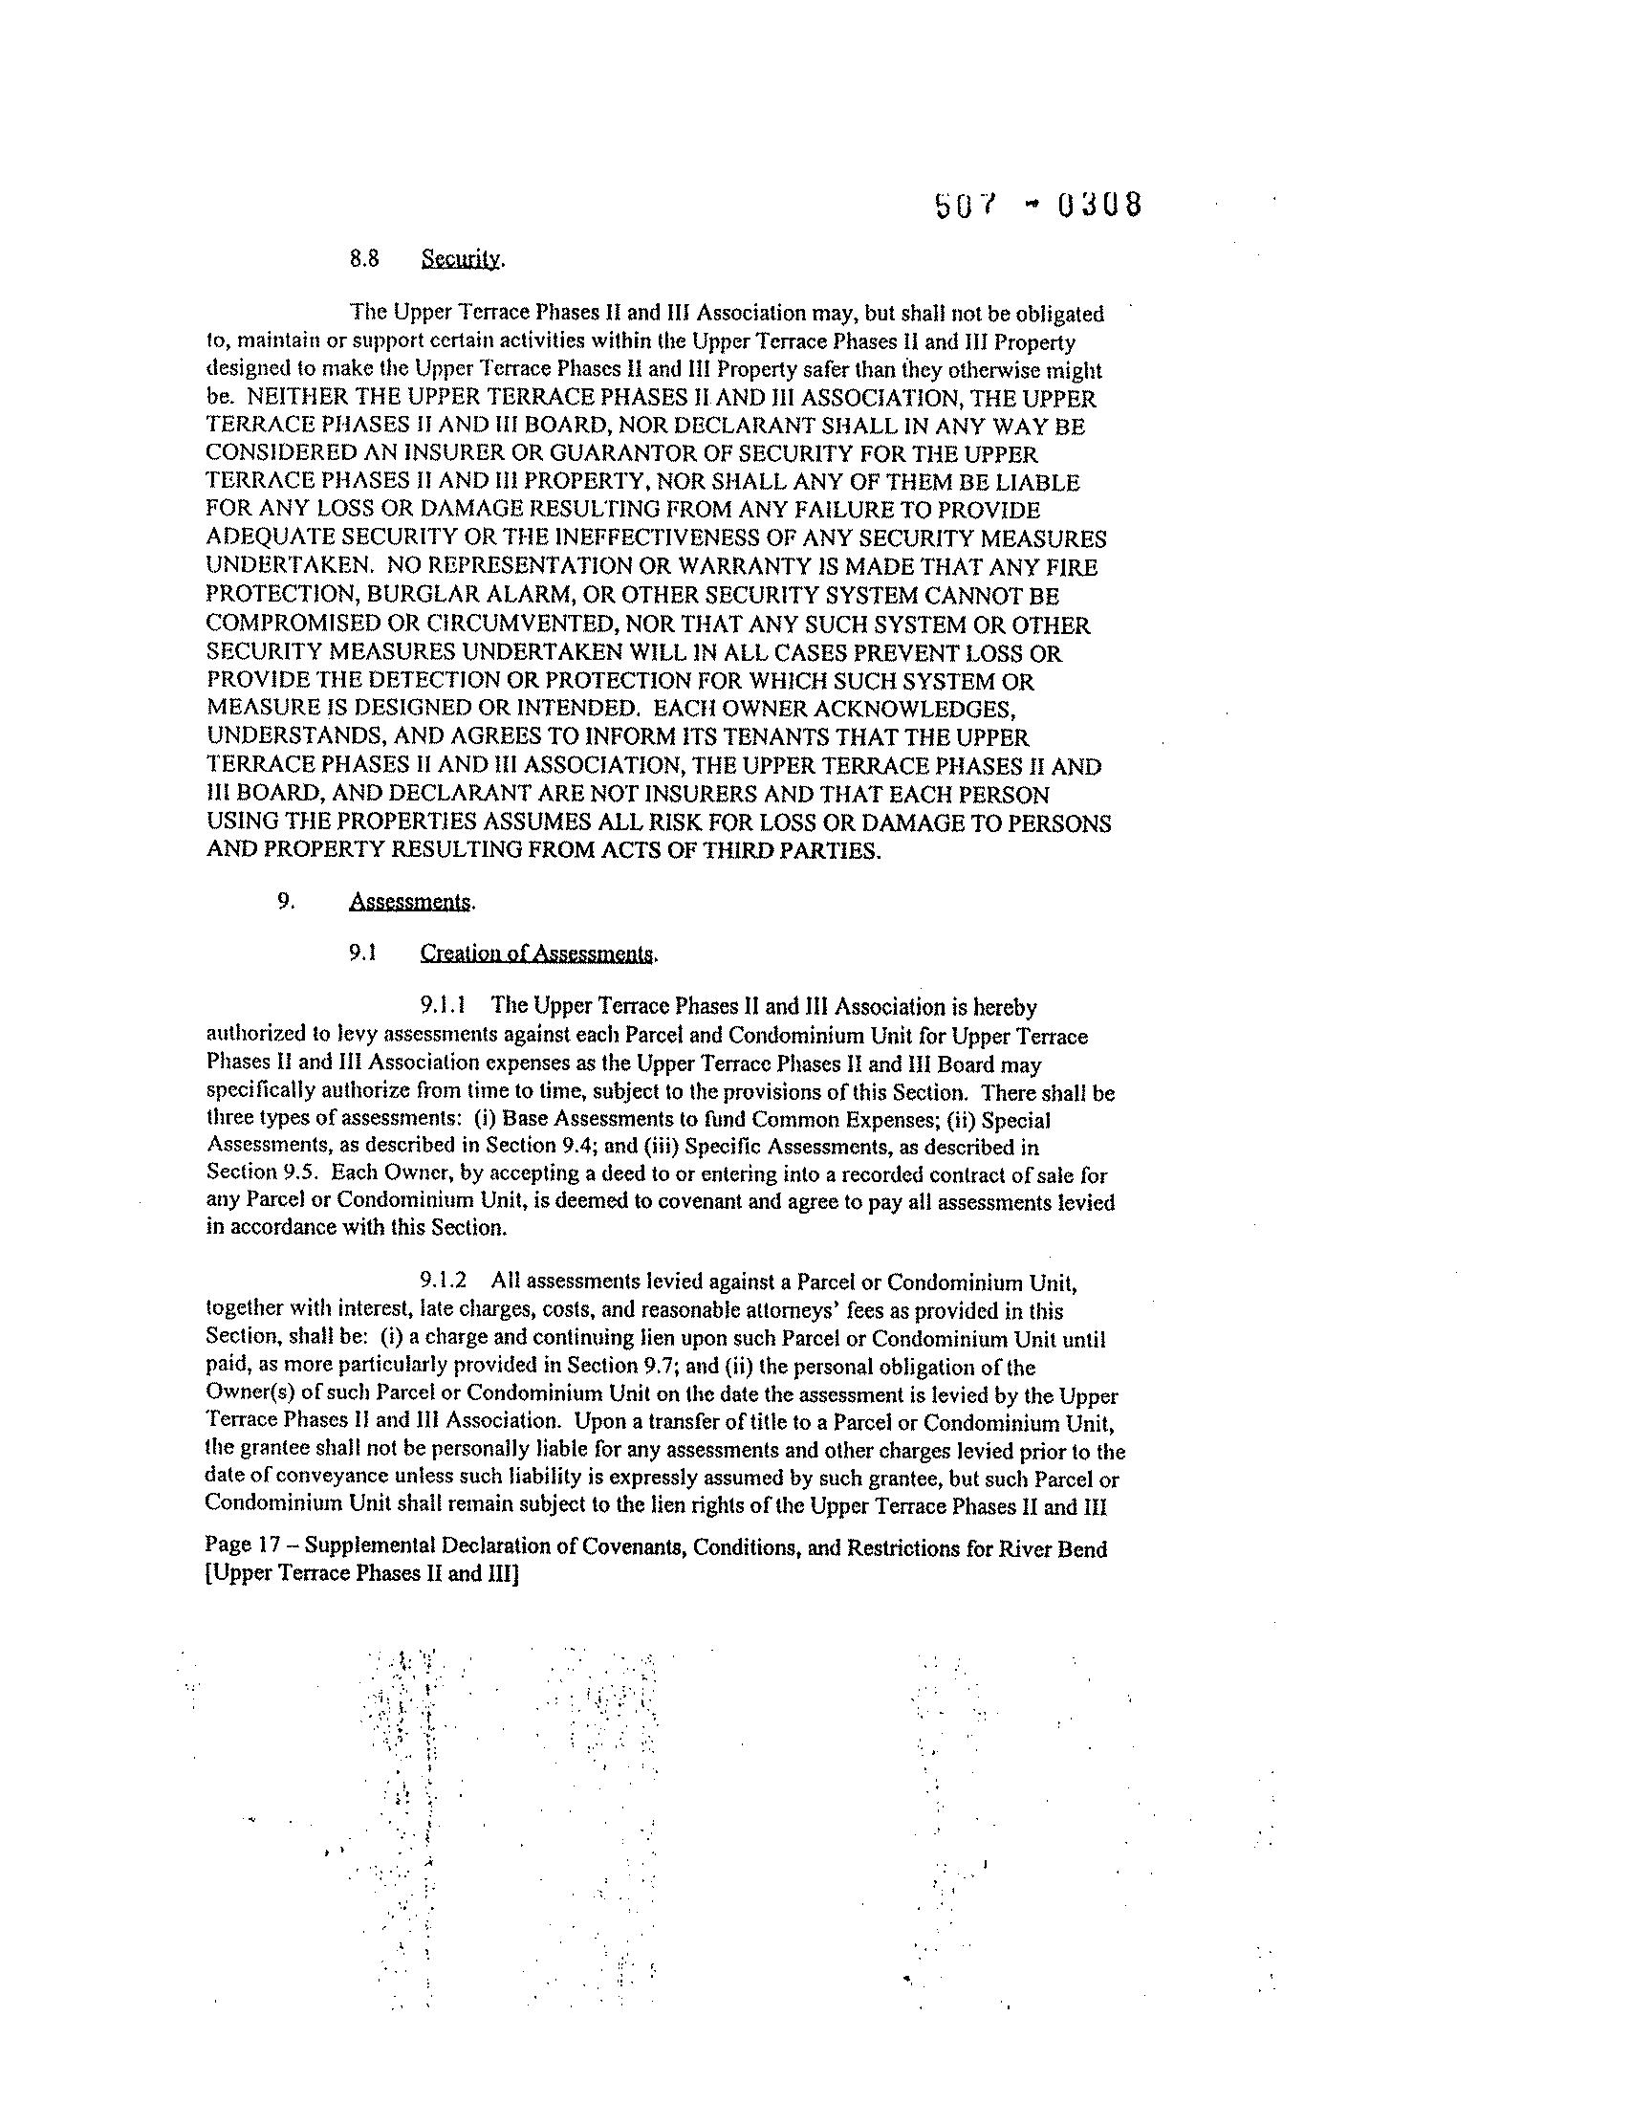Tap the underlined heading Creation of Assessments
tap(536, 953)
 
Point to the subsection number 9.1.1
tap(449, 1006)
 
